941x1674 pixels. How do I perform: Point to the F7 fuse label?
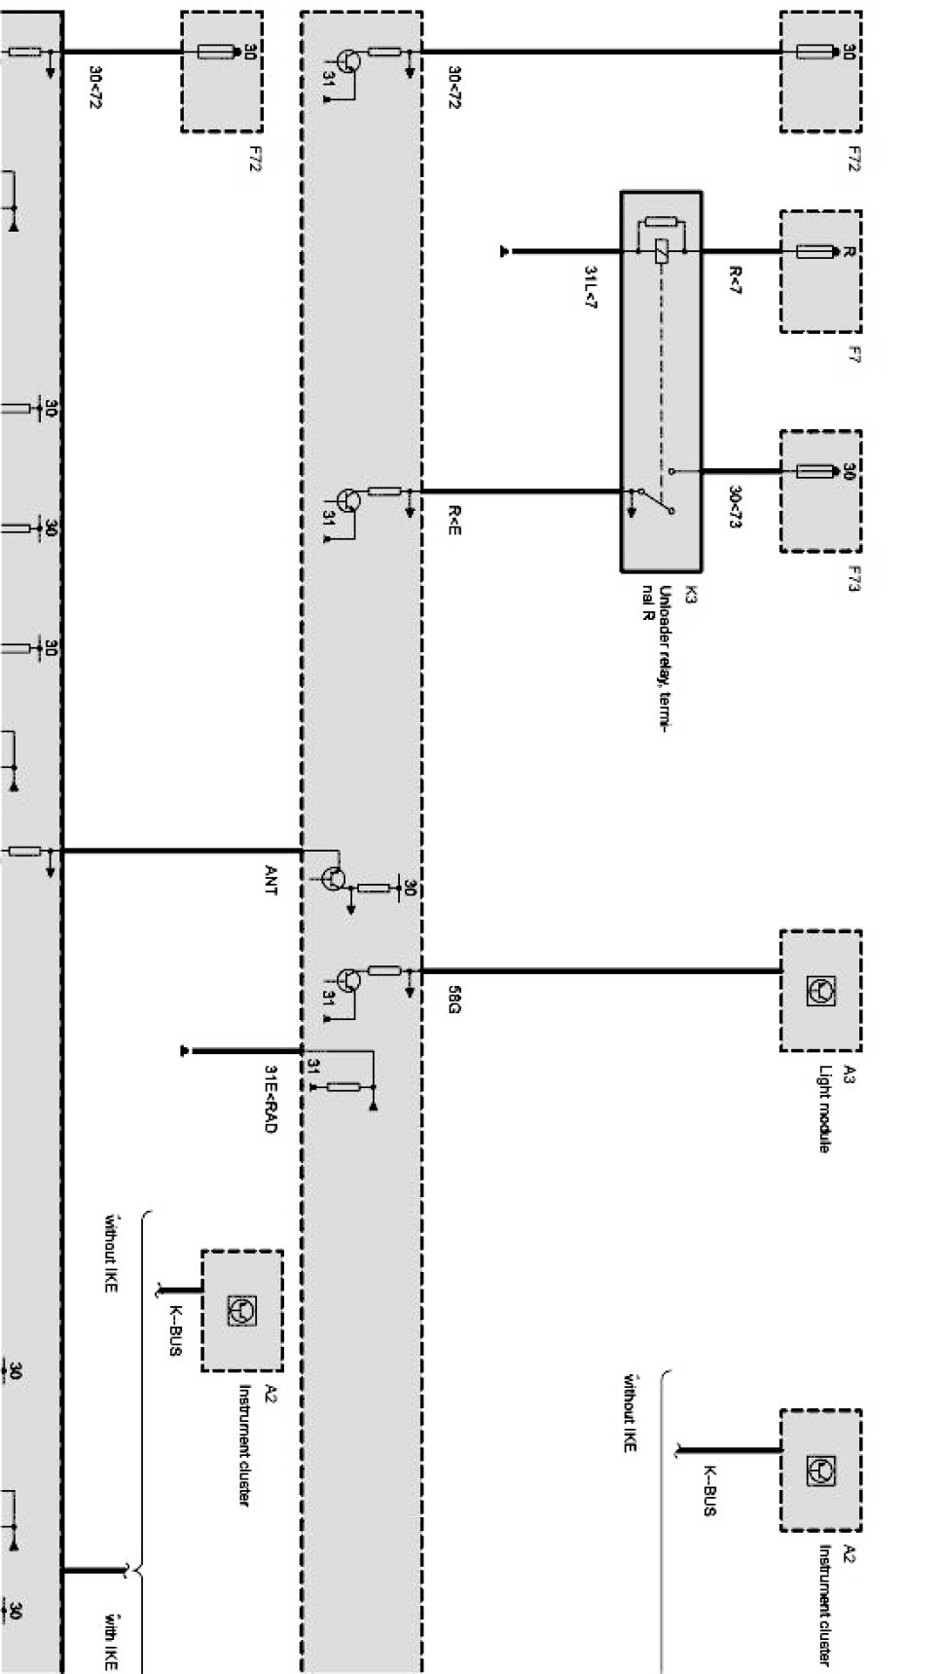[x=853, y=355]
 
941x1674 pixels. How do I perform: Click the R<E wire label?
[x=453, y=521]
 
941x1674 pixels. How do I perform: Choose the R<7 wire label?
[x=734, y=278]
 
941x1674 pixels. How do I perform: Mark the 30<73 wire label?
[x=734, y=505]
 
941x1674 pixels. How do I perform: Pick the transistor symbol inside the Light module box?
[x=820, y=991]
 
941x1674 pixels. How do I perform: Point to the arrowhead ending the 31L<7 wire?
[x=504, y=252]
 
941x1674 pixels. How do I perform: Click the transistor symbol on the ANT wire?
[x=334, y=879]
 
